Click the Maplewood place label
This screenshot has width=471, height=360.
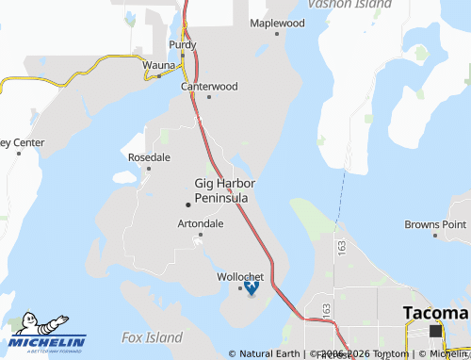point(277,22)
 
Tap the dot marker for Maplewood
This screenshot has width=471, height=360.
point(277,34)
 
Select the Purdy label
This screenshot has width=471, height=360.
point(183,44)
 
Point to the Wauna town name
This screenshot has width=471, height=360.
point(159,66)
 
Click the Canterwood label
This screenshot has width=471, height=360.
point(209,86)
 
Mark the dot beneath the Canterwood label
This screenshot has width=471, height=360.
point(209,97)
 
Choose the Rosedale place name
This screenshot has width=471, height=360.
point(149,156)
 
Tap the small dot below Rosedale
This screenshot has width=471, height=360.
point(149,168)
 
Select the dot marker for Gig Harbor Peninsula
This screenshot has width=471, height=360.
point(187,204)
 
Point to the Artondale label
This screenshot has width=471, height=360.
point(201,224)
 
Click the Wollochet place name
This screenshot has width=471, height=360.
point(240,277)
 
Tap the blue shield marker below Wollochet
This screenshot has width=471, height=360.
point(251,289)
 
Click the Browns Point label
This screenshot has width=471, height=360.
point(435,224)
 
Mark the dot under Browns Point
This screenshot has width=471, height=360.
point(435,236)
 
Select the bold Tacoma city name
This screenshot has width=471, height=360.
point(435,313)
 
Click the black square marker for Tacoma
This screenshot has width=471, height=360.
point(435,331)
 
